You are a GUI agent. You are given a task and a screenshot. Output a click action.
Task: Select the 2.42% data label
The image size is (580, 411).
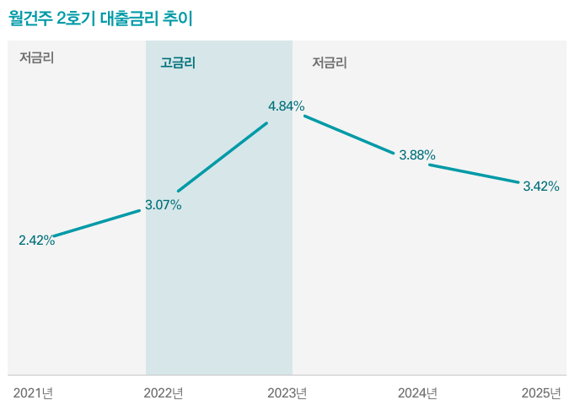point(37,241)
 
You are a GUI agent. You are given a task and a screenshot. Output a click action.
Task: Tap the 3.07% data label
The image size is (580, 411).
point(163,205)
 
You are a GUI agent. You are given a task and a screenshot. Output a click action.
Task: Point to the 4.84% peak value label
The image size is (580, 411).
point(287,106)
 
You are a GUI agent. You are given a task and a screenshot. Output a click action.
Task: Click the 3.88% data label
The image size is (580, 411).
point(417,155)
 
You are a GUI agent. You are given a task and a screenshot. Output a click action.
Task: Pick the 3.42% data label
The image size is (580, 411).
point(541,187)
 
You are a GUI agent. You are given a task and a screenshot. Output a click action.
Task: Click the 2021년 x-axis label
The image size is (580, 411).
point(34,393)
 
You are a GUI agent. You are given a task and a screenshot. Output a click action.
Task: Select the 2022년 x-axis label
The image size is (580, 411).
point(164,393)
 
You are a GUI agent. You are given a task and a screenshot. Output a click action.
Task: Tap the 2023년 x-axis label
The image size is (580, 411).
point(287,393)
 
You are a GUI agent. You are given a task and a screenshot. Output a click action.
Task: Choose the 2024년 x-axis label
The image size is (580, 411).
point(417,393)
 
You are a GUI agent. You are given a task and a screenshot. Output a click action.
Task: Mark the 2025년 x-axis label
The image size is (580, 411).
point(541,393)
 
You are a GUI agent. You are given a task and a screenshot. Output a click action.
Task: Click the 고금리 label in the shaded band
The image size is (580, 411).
point(178,62)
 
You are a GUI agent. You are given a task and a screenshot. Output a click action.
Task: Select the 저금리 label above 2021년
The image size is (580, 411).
point(37,58)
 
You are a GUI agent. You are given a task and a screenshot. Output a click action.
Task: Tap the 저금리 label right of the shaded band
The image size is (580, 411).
point(330,62)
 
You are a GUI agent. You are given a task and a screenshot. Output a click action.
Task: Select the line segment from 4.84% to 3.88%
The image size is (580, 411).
point(349,134)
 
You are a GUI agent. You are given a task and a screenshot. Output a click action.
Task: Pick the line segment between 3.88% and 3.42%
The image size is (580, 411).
point(474,173)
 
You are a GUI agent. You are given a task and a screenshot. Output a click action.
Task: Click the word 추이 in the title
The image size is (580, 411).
point(179,19)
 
